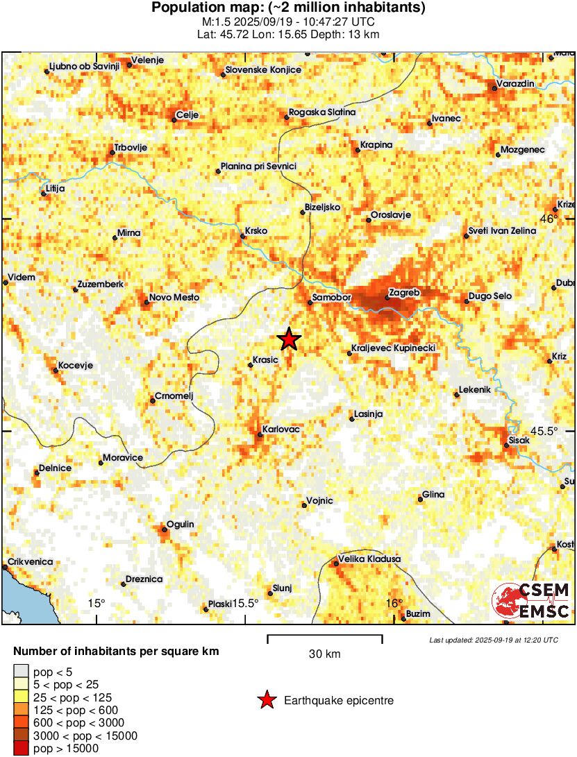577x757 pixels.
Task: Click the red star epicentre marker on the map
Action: tap(289, 339)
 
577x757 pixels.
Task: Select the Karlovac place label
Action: tap(281, 429)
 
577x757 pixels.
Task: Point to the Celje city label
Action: tap(188, 115)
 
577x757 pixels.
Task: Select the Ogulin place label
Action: tap(180, 525)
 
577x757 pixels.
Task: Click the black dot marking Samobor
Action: tap(310, 302)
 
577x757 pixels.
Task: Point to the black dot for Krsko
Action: tap(242, 237)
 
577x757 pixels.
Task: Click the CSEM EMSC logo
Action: tap(531, 601)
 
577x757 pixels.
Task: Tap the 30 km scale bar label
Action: tap(324, 654)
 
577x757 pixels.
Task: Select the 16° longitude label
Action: tap(394, 603)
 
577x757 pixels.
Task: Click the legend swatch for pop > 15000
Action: tap(23, 748)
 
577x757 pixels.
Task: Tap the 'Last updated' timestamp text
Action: tap(493, 639)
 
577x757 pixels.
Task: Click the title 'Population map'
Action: tap(288, 8)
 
